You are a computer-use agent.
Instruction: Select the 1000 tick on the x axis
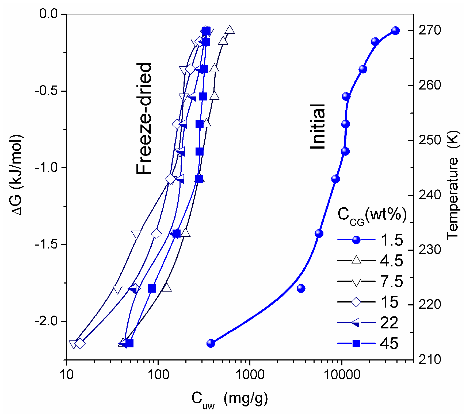(x=250, y=375)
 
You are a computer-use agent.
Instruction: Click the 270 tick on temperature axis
(x=430, y=30)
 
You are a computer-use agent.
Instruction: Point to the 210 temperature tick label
(x=430, y=360)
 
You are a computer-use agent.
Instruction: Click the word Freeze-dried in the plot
(x=144, y=118)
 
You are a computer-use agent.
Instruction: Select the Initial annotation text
(x=318, y=127)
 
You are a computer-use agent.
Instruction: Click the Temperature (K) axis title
(x=452, y=184)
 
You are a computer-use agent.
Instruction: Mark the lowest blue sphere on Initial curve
(x=211, y=343)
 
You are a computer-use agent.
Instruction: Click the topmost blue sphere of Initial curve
(x=395, y=30)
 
